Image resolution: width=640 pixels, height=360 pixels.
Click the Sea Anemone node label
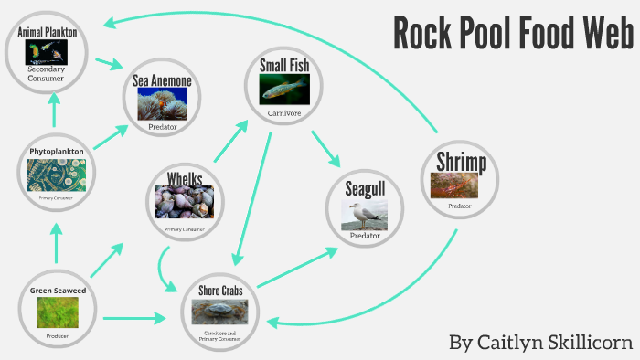tap(162, 80)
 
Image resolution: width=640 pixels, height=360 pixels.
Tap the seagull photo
tap(364, 215)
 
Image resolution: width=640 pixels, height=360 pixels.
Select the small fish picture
tap(284, 88)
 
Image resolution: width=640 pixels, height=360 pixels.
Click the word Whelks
tap(185, 177)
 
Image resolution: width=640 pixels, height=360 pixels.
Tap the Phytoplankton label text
tap(57, 150)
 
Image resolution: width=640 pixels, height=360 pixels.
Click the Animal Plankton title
tap(53, 31)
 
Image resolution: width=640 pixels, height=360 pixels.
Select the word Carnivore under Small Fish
tap(283, 113)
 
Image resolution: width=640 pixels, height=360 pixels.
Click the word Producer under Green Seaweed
tap(57, 336)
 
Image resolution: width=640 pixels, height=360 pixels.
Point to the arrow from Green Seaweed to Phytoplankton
tap(57, 244)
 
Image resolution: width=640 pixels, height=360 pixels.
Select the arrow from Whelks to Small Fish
tap(229, 139)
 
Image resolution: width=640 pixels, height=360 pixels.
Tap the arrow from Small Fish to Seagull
tap(325, 148)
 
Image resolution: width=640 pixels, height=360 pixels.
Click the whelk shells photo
tap(185, 202)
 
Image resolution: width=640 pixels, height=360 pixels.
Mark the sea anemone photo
tap(162, 104)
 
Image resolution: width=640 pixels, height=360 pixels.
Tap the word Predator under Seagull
tap(364, 236)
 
